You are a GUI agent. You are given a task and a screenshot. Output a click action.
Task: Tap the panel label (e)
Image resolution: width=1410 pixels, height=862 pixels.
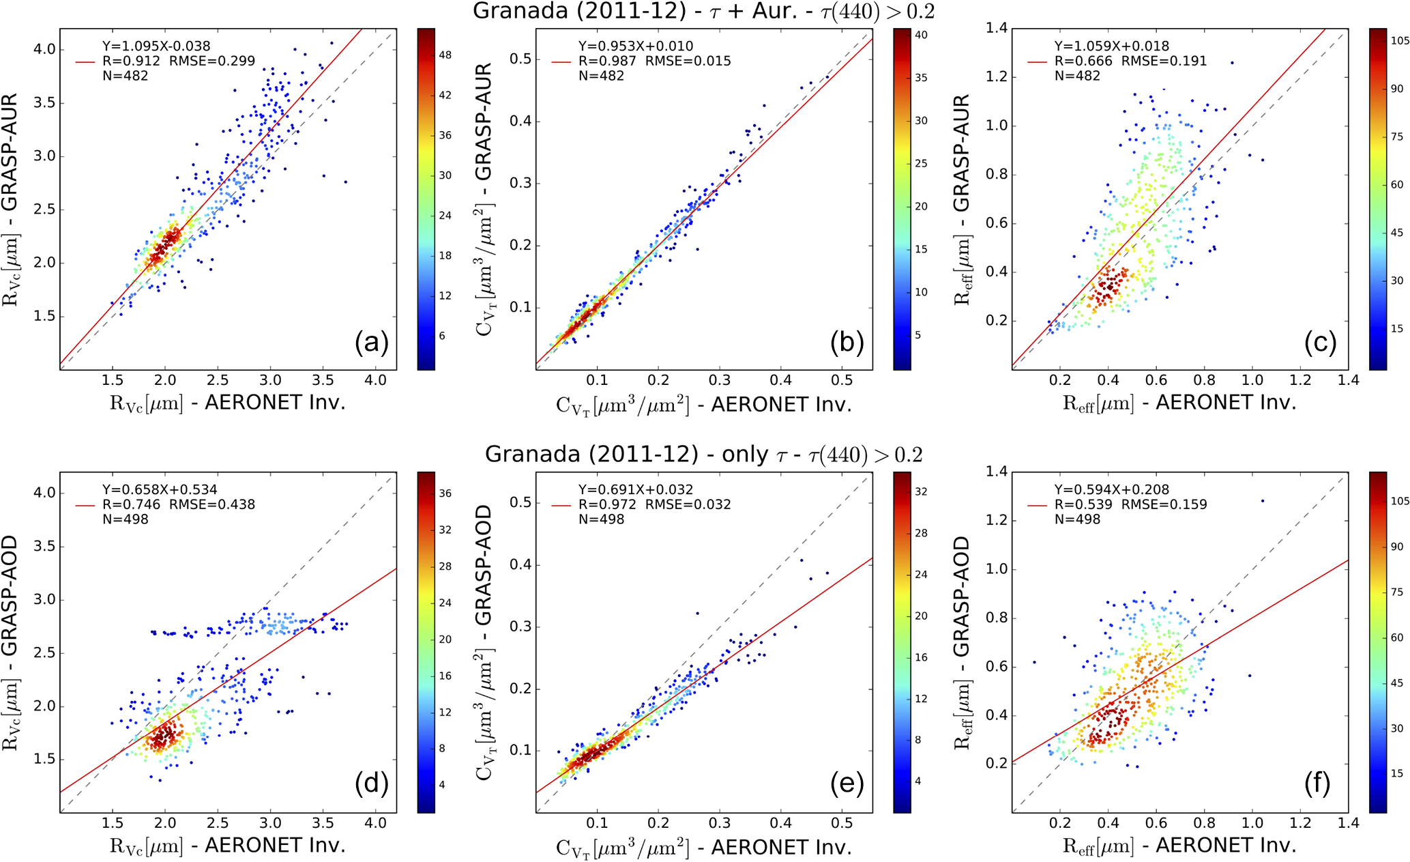pyautogui.click(x=847, y=784)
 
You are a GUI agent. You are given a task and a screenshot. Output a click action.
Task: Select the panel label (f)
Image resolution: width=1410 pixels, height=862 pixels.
pyautogui.click(x=1317, y=784)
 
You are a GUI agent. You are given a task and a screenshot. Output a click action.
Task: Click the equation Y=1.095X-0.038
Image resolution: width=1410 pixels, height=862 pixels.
pyautogui.click(x=156, y=46)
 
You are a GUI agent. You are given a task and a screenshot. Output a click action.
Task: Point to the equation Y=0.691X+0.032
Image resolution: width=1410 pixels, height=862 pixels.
pyautogui.click(x=635, y=489)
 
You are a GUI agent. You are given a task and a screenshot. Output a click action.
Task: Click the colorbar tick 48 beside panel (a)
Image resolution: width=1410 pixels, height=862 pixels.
pyautogui.click(x=445, y=55)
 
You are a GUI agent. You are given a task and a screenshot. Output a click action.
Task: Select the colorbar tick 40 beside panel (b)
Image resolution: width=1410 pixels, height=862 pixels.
pyautogui.click(x=921, y=35)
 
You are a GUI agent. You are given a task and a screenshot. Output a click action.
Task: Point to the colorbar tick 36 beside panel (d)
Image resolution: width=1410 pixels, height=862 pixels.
pyautogui.click(x=445, y=493)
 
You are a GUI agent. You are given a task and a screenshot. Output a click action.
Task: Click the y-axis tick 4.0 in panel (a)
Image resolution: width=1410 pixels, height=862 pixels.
pyautogui.click(x=45, y=49)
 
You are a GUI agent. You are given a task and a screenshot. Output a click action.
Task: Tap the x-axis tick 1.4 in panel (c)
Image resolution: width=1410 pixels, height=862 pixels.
pyautogui.click(x=1348, y=380)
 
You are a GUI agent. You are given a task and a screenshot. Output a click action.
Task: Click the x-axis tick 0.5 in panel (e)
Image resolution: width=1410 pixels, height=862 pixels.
pyautogui.click(x=842, y=823)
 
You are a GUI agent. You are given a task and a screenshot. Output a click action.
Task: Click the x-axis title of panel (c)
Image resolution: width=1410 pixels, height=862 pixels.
pyautogui.click(x=1179, y=403)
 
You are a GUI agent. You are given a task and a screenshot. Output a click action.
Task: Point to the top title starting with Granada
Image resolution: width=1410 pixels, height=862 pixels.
pyautogui.click(x=703, y=11)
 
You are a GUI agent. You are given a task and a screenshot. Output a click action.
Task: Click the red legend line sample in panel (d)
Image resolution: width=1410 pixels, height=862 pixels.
pyautogui.click(x=85, y=505)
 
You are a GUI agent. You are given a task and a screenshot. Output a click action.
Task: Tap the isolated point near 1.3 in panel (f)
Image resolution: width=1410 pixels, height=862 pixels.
pyautogui.click(x=1263, y=501)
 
